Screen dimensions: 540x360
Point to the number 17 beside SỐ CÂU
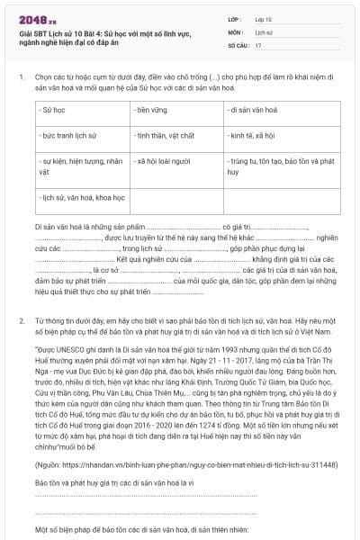coord(258,44)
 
